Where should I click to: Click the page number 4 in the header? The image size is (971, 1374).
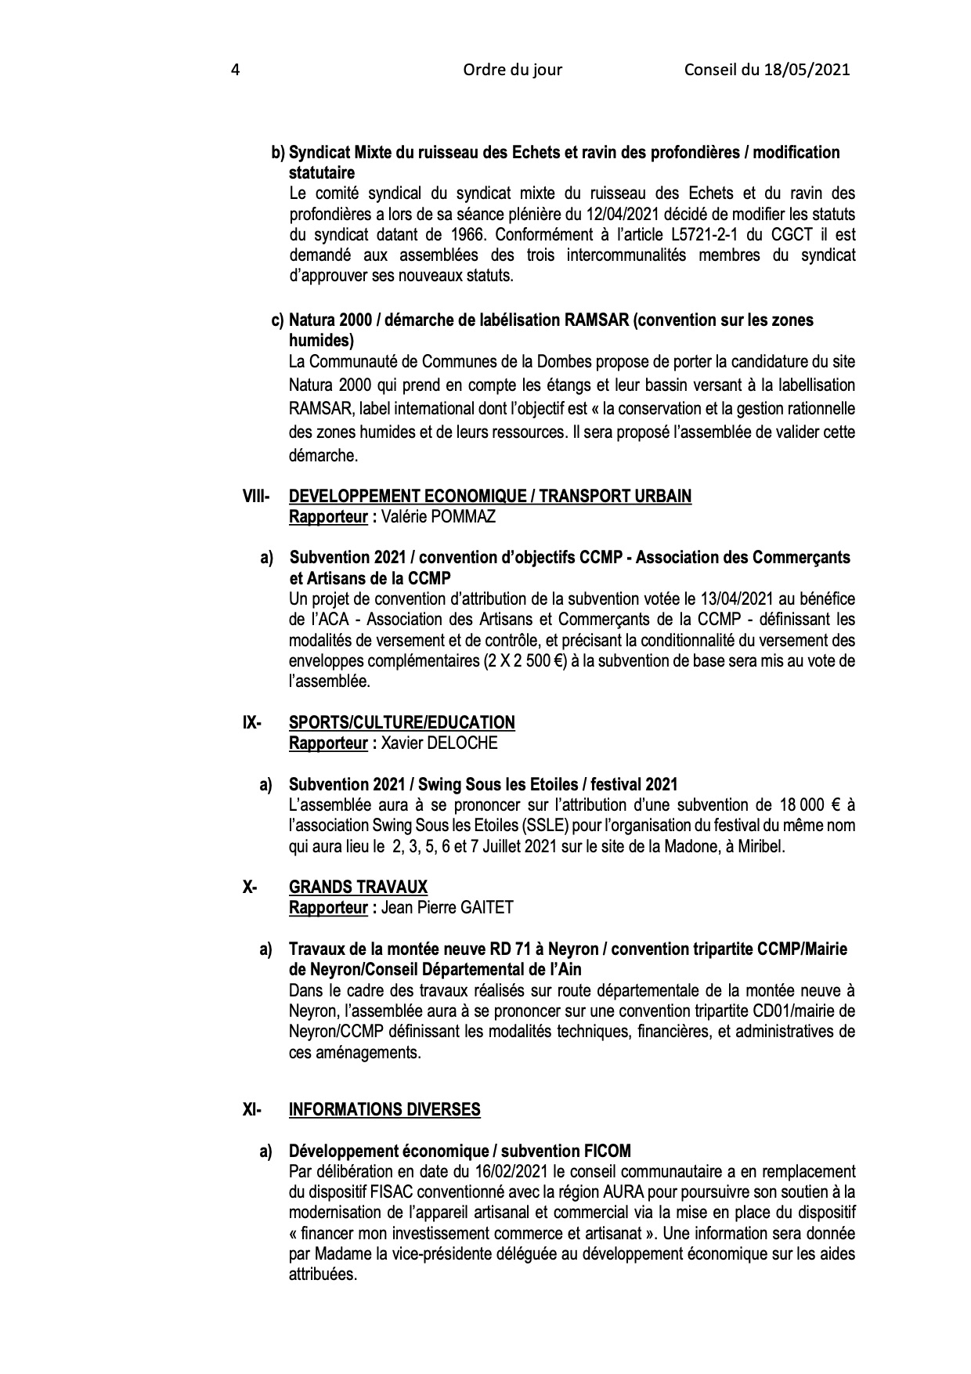pyautogui.click(x=235, y=70)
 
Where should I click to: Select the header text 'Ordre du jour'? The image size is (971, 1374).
pyautogui.click(x=512, y=70)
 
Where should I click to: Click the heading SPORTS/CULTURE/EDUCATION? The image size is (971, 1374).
pyautogui.click(x=402, y=722)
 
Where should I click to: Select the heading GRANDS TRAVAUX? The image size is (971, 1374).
pyautogui.click(x=358, y=887)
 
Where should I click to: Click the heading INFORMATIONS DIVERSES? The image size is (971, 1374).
pyautogui.click(x=384, y=1109)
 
